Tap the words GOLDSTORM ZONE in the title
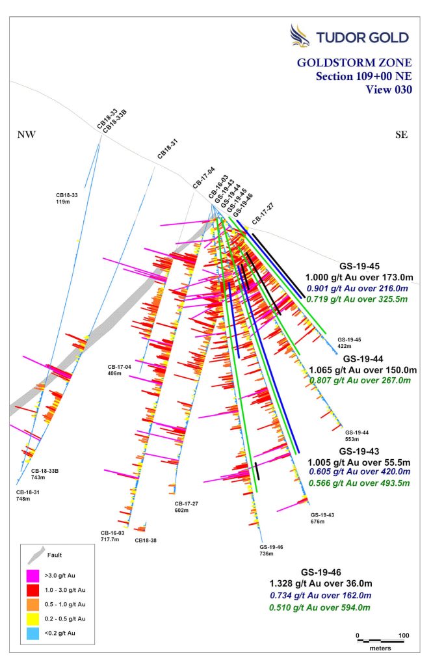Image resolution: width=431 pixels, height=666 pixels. (354, 63)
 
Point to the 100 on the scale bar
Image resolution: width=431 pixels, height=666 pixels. (404, 635)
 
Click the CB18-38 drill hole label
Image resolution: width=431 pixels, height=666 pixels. (146, 540)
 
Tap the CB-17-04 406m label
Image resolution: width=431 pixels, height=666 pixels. (120, 369)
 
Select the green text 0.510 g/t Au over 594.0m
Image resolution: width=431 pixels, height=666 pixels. (320, 608)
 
